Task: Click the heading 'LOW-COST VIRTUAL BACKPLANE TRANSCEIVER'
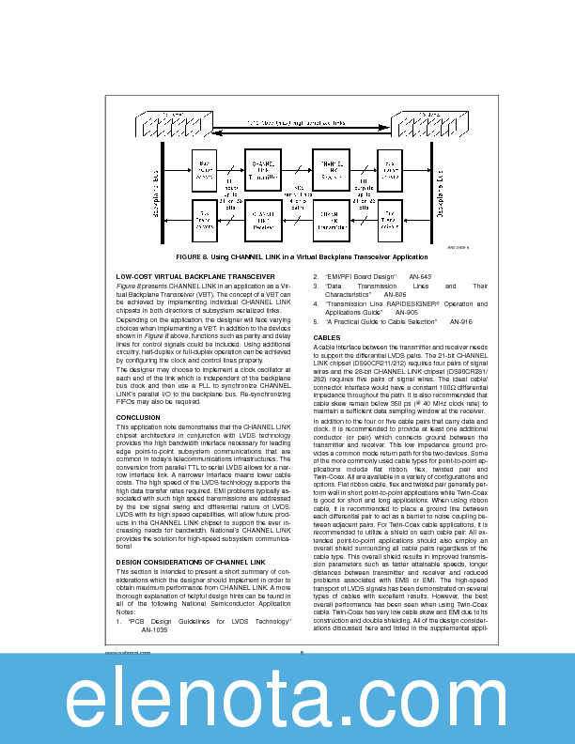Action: pyautogui.click(x=194, y=277)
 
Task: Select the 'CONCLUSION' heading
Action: pyautogui.click(x=138, y=417)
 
